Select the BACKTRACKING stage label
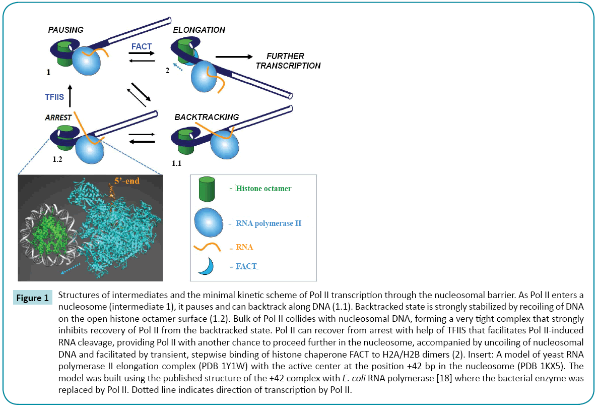207,117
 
